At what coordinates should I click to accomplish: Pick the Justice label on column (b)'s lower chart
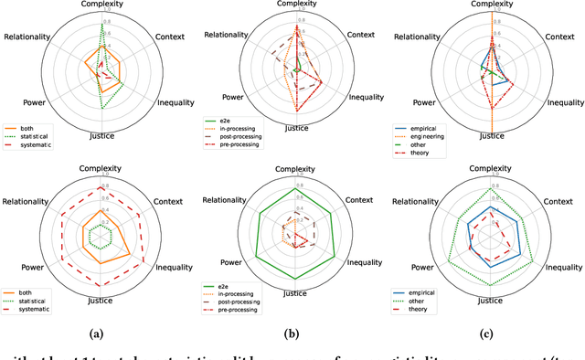point(294,294)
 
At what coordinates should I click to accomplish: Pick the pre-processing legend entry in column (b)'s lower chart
point(238,311)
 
